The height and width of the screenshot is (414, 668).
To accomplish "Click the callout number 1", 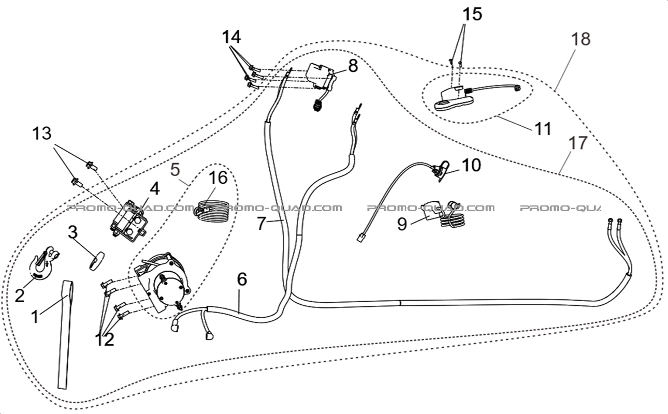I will click(x=35, y=316).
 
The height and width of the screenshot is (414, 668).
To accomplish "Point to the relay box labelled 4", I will click(x=128, y=223).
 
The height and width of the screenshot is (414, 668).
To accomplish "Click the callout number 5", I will click(x=176, y=168).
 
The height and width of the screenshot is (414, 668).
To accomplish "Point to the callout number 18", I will click(x=582, y=39).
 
